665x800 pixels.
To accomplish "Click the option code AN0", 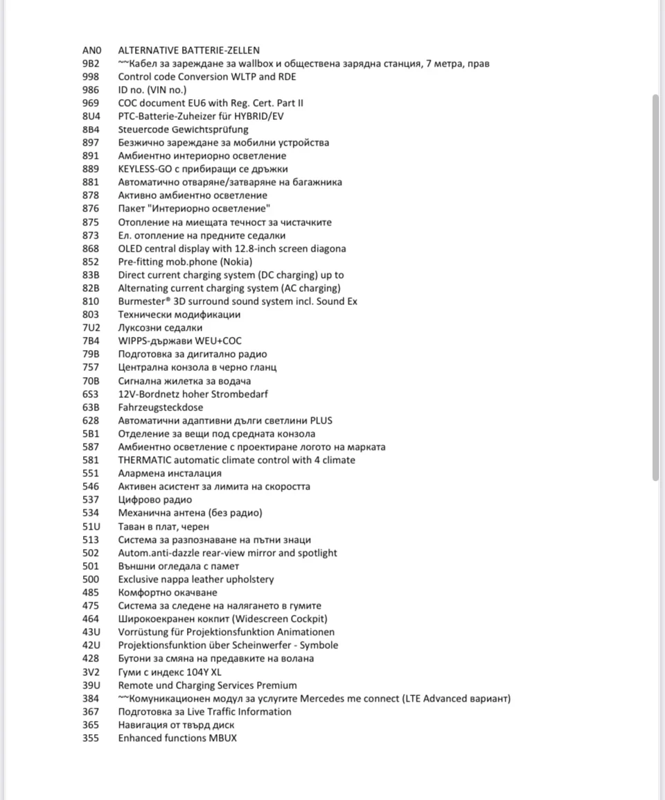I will tap(91, 51).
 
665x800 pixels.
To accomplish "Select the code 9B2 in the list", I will tap(91, 64).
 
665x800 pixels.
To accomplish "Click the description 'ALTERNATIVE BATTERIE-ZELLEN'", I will tap(189, 51).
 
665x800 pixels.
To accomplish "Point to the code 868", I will tap(91, 249).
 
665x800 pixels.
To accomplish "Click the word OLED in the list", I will tap(130, 249).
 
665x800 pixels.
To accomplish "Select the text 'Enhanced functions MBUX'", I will tap(177, 738).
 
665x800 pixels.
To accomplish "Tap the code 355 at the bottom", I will tap(91, 738).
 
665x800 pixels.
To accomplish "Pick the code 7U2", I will tap(91, 328).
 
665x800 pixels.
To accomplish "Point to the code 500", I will tap(91, 580).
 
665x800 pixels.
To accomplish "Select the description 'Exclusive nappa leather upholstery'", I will tap(196, 580).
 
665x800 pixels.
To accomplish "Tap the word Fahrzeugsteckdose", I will tap(161, 408).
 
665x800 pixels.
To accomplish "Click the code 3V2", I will tap(91, 672).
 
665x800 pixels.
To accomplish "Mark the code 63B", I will tap(91, 408).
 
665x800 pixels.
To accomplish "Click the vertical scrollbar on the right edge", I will tap(656, 288).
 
